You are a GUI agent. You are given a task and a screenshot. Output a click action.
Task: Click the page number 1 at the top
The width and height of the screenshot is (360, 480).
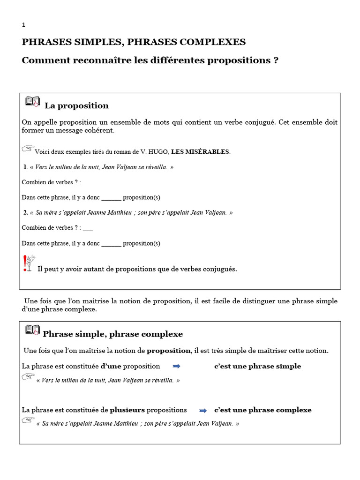[x=24, y=25]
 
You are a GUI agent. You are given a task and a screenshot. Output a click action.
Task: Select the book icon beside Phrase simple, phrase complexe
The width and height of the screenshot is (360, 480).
[x=32, y=330]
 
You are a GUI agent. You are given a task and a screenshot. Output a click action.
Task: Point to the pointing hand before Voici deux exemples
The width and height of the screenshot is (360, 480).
[x=28, y=149]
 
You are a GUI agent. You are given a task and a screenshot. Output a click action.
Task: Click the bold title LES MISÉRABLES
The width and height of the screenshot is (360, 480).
[x=200, y=152]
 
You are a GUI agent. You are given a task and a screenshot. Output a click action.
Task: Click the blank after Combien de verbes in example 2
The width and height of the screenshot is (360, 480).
[x=88, y=228]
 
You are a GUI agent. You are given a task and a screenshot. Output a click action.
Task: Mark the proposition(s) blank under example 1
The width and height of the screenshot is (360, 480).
[x=111, y=198]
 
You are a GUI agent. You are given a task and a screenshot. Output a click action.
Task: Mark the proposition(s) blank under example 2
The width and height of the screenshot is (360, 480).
[x=111, y=244]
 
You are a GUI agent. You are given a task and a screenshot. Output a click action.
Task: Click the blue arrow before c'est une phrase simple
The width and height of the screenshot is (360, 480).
[x=177, y=367]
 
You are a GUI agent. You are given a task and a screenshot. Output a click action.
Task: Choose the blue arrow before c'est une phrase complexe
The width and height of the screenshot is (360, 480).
[x=203, y=411]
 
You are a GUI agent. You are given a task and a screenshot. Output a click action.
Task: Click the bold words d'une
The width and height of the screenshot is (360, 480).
[x=111, y=366]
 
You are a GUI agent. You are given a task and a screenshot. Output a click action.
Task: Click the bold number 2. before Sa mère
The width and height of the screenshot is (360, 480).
[x=26, y=213]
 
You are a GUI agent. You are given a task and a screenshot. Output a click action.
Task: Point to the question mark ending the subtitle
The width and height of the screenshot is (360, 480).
[x=276, y=61]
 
